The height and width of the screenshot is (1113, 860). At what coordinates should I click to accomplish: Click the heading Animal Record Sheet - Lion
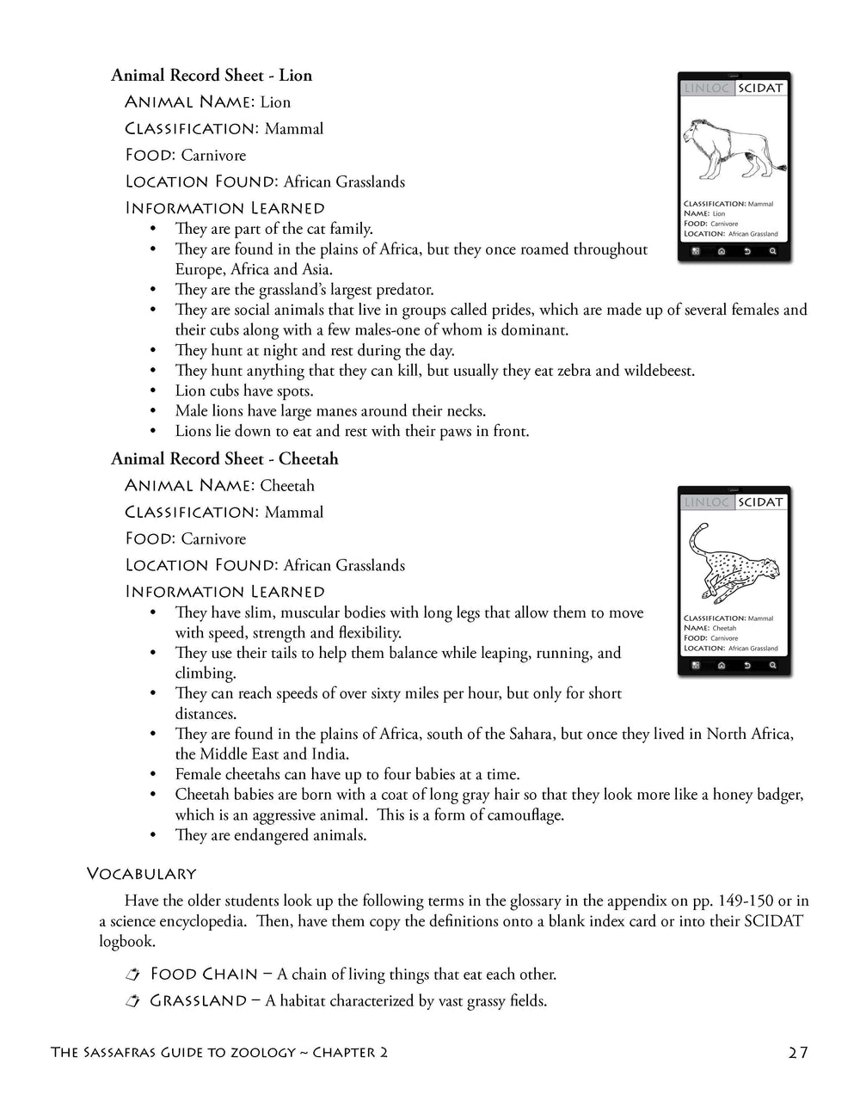[212, 76]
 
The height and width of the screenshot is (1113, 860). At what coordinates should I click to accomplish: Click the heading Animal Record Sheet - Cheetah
[224, 459]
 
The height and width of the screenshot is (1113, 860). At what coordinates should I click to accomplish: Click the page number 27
[797, 1053]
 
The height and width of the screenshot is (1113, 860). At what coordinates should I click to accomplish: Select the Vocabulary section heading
[141, 874]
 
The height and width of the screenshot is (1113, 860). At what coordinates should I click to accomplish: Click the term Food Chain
[204, 975]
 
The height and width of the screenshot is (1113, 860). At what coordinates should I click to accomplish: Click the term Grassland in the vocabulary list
[198, 1001]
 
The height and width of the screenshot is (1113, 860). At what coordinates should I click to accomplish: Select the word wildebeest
[658, 371]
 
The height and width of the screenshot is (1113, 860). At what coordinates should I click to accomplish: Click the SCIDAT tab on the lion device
[760, 89]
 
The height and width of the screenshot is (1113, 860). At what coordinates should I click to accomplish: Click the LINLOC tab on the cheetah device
[706, 502]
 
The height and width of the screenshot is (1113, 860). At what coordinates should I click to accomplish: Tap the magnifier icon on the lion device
[772, 252]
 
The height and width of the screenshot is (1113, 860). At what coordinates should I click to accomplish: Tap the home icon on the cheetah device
[721, 667]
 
